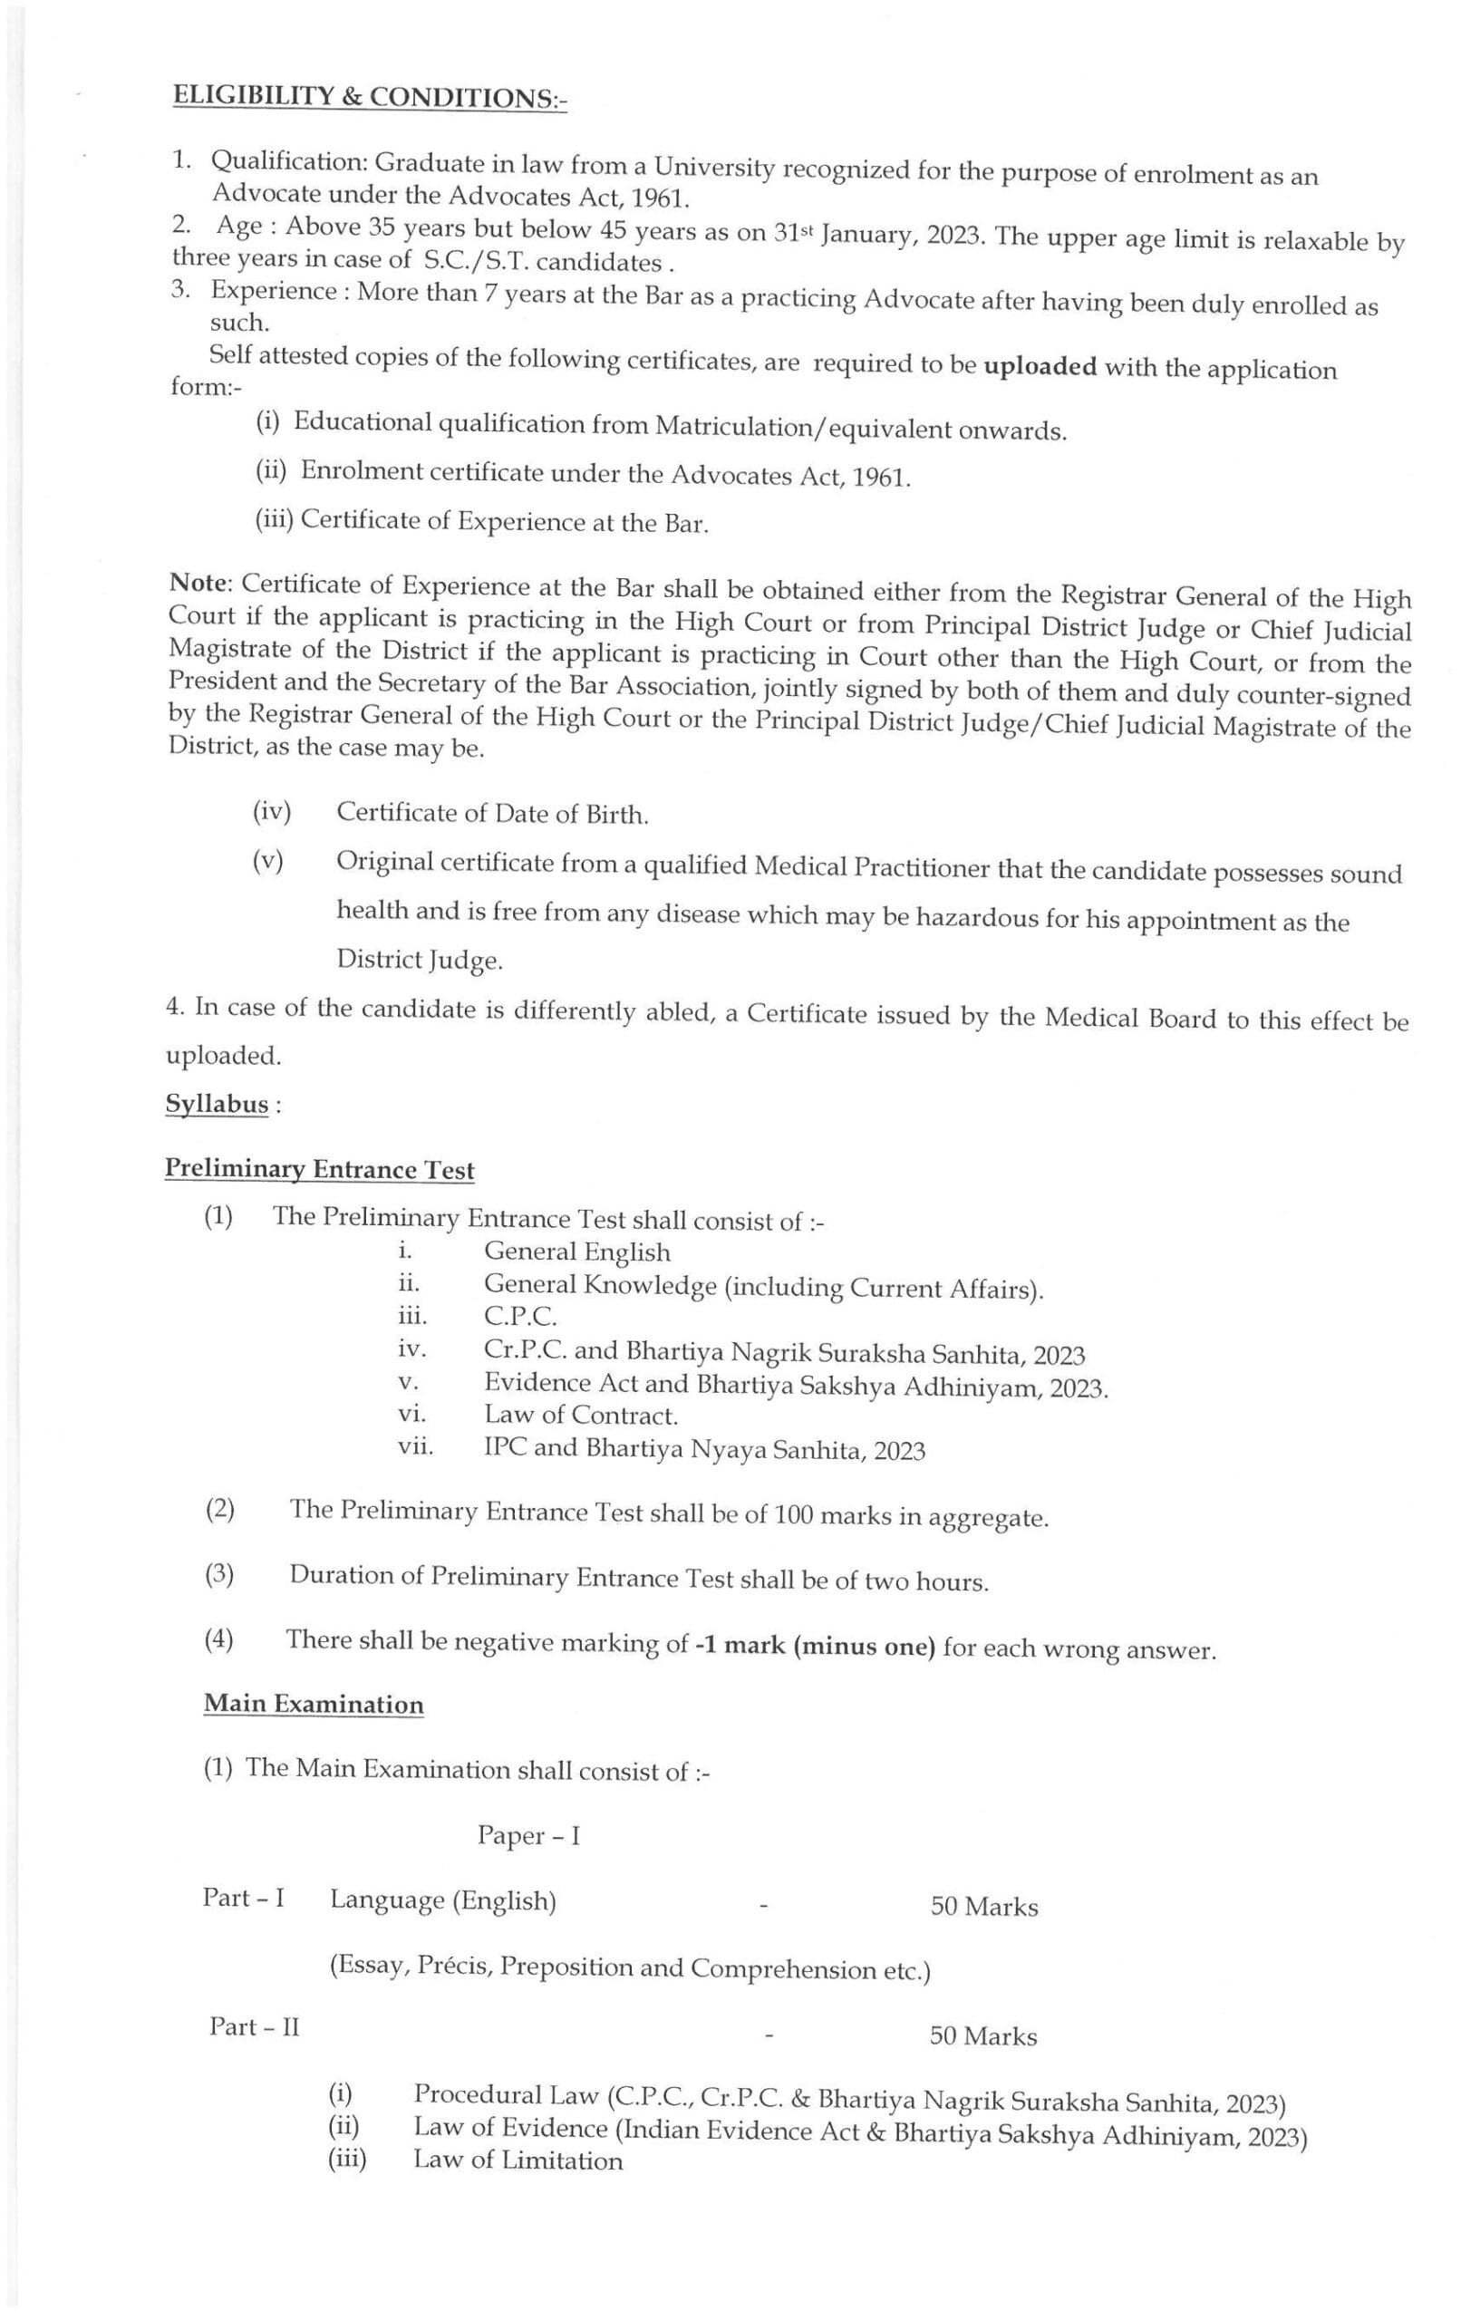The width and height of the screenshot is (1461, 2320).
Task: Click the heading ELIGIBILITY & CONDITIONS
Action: pos(369,97)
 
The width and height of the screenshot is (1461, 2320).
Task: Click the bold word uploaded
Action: pos(1039,367)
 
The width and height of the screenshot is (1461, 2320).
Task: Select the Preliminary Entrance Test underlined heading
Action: pos(319,1169)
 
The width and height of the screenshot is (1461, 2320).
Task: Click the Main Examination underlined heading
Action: pos(314,1705)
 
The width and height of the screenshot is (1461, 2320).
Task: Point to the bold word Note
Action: pos(199,583)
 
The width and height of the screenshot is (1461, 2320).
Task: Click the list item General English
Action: pos(576,1252)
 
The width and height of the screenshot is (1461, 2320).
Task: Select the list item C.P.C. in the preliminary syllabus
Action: pos(520,1316)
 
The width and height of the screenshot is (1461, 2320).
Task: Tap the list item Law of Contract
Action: pos(581,1416)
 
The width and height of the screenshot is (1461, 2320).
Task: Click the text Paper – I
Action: pos(528,1835)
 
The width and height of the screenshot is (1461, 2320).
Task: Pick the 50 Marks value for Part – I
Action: pos(984,1907)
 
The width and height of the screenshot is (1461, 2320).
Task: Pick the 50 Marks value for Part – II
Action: pos(983,2035)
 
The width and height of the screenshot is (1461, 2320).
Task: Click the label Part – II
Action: pos(255,2026)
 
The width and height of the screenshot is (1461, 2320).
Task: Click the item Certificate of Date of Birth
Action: pos(491,814)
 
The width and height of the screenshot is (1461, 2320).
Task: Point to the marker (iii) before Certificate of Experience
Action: pos(275,519)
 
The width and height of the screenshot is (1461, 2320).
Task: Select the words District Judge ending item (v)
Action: pos(420,960)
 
